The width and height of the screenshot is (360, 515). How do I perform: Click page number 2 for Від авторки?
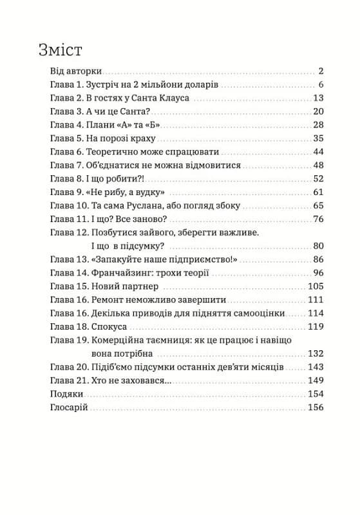320,71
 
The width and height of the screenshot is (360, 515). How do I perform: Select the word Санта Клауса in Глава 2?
164,98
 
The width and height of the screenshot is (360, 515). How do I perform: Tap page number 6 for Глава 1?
320,85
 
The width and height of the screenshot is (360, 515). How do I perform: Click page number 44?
317,152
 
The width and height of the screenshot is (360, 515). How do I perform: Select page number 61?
317,192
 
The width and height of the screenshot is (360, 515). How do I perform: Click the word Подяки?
66,394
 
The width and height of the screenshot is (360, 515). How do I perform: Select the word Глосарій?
69,407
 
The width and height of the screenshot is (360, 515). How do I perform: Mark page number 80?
317,246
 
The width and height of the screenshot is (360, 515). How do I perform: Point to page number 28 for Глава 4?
317,125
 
